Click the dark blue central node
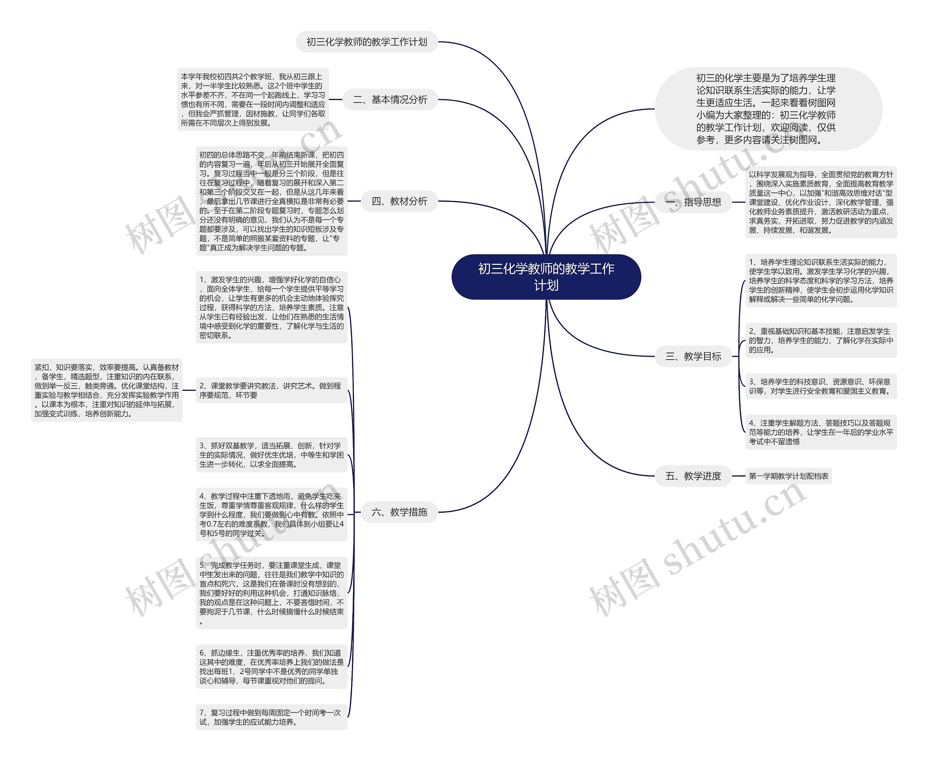coord(546,277)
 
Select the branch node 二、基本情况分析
coord(390,99)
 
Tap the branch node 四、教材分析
coord(399,201)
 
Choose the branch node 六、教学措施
coord(399,512)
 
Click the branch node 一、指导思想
coord(693,202)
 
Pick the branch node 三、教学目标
coord(693,356)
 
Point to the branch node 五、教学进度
coord(693,476)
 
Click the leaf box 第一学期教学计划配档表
coord(788,476)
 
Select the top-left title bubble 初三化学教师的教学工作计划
coord(366,42)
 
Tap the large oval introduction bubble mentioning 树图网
coord(768,109)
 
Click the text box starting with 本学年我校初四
coord(253,99)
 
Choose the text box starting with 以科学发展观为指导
coord(821,202)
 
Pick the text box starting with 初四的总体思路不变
coord(272,201)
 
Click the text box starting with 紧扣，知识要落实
coord(107,390)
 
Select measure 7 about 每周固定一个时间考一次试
coord(272,717)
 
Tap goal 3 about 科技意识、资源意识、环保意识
coord(821,386)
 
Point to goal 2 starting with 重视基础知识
coord(821,340)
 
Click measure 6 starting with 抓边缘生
coord(272,666)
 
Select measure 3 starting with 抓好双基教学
coord(272,455)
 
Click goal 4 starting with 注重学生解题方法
coord(821,432)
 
